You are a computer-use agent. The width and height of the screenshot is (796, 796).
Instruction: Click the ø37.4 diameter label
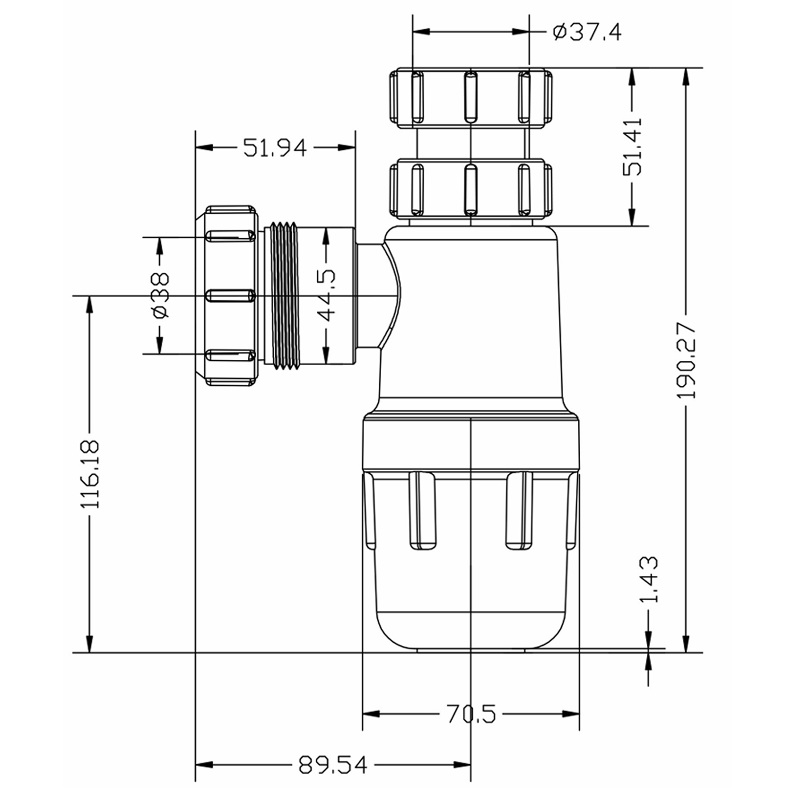(586, 32)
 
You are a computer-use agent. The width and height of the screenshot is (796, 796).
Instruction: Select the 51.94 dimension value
(274, 148)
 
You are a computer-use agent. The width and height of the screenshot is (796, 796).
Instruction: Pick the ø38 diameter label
(159, 295)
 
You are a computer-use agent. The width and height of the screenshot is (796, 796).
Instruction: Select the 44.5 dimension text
(326, 295)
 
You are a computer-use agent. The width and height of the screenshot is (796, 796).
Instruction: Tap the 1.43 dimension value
(648, 579)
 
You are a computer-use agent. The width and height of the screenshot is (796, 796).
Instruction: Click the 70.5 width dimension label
(471, 714)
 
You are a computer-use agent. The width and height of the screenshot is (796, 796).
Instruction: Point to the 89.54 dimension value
(332, 765)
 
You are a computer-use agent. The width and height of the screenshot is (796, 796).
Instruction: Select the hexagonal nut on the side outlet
(230, 295)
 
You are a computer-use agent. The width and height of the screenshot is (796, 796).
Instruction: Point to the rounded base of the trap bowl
(471, 631)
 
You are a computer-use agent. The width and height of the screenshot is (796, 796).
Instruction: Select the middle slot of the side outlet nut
(230, 296)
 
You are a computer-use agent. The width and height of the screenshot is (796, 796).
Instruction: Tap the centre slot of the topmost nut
(470, 97)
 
